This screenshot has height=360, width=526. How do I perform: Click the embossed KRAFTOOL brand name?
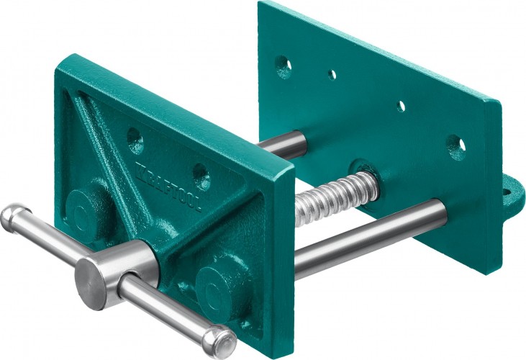coord(168,186)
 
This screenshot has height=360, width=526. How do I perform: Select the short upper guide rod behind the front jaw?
coord(282,144)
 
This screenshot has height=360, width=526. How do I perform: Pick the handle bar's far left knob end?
coord(15,215)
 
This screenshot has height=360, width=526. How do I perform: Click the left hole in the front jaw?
coord(135,140)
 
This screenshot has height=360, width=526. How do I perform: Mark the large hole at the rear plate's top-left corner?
coord(284,67)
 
